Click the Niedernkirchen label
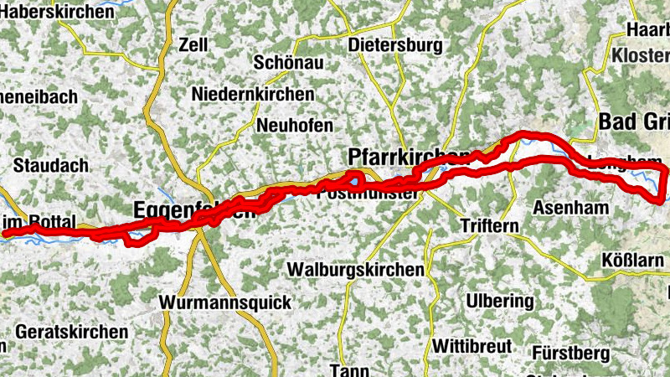coord(253,94)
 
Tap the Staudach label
coord(51,165)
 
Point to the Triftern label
coord(490,226)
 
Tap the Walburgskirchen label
coord(353,270)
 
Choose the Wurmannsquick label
coord(225,302)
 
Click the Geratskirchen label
coord(72,331)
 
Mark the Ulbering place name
coord(499,301)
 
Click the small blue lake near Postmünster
coord(356,179)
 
